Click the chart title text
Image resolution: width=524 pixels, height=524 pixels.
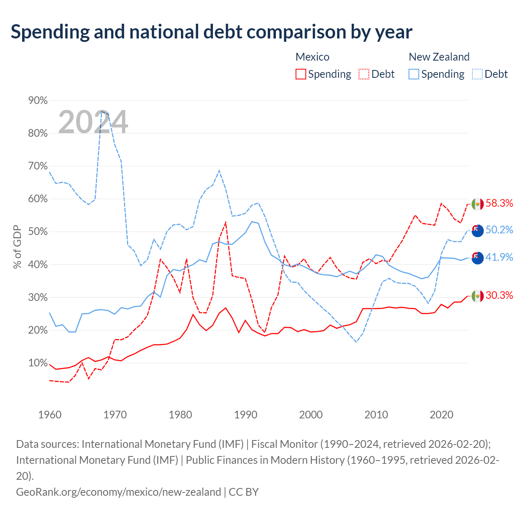pos(211,32)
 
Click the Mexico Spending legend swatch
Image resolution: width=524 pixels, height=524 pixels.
pos(300,74)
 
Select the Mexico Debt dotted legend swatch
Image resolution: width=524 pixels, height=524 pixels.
pos(364,74)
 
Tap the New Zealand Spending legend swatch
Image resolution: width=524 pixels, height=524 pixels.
pos(413,74)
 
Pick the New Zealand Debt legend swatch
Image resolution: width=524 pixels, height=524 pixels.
pos(477,74)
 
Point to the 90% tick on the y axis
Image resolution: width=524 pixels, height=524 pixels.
pos(38,100)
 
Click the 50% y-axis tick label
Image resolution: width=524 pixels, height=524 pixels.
pos(38,232)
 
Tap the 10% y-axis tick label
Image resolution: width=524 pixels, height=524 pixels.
pos(38,363)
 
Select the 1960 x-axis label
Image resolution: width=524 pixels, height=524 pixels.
pos(50,415)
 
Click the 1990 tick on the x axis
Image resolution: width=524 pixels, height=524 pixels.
pos(246,415)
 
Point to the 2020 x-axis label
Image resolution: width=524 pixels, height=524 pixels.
pos(441,415)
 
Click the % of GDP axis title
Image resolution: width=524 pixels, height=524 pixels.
pos(17,247)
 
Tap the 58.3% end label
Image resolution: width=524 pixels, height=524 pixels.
pos(499,203)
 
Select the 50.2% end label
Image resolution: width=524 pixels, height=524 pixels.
pos(499,230)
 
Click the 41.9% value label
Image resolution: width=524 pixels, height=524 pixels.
pos(499,257)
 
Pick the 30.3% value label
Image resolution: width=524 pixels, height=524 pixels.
pos(499,295)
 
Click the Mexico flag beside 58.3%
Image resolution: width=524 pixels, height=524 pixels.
pos(477,204)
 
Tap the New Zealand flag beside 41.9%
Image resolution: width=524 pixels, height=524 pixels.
pos(477,258)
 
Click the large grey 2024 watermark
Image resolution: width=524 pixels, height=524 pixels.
pos(93,122)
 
